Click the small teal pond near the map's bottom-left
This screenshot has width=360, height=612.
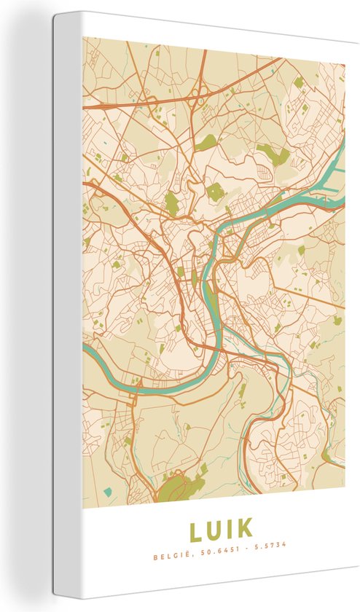click(x=108, y=492)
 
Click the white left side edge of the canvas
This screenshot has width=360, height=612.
click(x=66, y=291)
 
